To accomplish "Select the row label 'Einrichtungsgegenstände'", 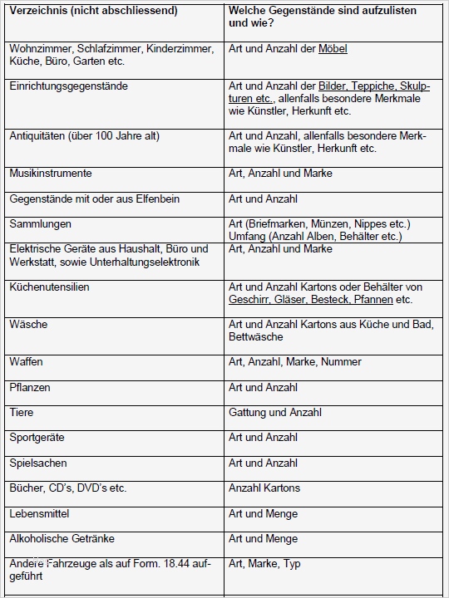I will (x=68, y=86).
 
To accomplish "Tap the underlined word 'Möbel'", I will (x=333, y=49).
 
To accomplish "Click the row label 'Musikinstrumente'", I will (x=50, y=174).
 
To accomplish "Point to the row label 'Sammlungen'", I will (x=40, y=224).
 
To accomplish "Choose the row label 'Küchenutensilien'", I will (x=49, y=287).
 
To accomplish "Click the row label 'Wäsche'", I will (x=28, y=325).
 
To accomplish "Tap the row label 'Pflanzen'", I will (x=30, y=388).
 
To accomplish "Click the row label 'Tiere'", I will (x=22, y=413).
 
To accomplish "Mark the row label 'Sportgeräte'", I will (x=37, y=438).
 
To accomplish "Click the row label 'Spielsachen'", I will (x=38, y=463).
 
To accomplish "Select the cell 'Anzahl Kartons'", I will (x=264, y=488).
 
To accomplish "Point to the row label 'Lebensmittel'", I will (x=39, y=514).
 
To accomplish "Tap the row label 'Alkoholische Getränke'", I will (x=62, y=539).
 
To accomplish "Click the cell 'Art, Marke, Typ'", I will (x=264, y=564).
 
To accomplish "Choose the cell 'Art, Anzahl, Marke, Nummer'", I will (x=295, y=362).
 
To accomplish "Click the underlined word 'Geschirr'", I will (x=249, y=300).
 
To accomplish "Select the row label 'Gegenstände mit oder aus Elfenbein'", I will (x=94, y=199).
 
